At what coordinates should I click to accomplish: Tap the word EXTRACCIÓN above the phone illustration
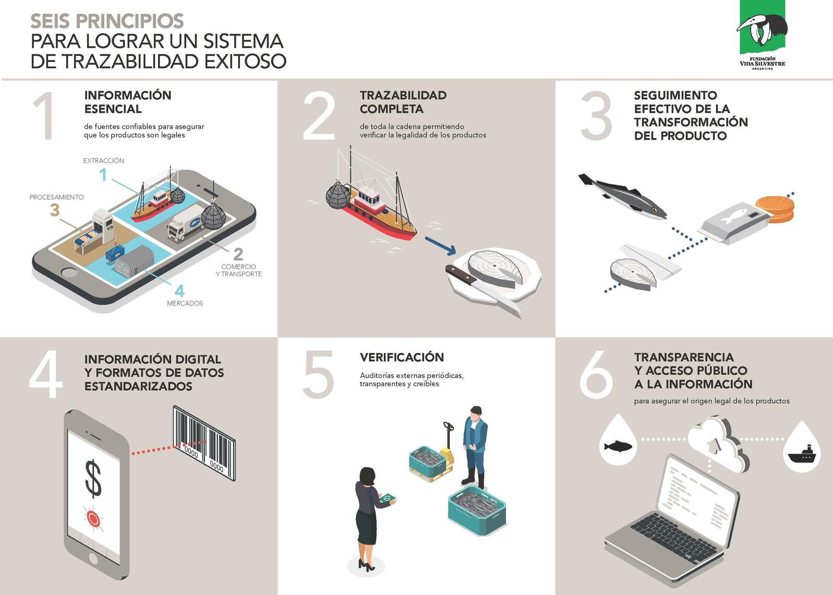tap(104, 161)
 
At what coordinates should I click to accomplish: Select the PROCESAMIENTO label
tap(57, 197)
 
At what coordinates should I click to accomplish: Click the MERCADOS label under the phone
tap(185, 303)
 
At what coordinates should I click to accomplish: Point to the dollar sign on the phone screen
tap(93, 478)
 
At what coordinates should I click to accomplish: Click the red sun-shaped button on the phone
tap(93, 517)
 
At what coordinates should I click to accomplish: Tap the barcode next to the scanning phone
tap(204, 443)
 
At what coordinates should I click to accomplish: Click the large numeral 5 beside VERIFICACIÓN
tap(318, 374)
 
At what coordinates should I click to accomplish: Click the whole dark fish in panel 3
tap(623, 196)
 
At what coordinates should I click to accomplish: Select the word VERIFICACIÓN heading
tap(401, 358)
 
